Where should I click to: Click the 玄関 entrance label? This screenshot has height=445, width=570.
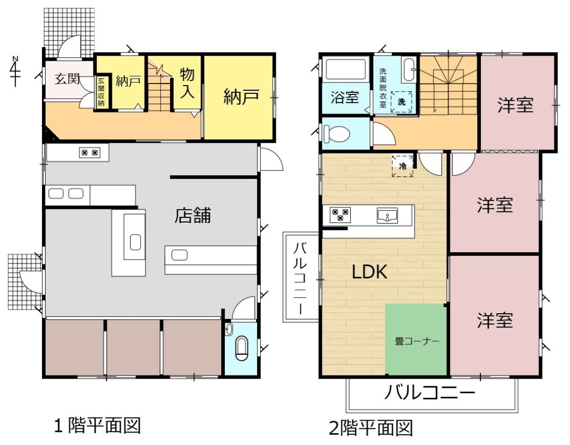click(x=67, y=79)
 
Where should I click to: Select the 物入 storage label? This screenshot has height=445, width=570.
click(x=187, y=83)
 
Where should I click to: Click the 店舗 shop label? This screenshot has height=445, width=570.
click(x=193, y=215)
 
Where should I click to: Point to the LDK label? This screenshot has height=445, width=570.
click(x=369, y=272)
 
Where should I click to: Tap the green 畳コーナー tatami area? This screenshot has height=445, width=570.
click(x=416, y=339)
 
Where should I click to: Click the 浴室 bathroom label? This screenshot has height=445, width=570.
click(x=345, y=98)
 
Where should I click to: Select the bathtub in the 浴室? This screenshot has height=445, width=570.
click(x=345, y=69)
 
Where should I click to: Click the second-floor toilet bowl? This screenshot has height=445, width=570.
click(x=336, y=133)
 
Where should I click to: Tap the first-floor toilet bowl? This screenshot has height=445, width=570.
click(x=241, y=349)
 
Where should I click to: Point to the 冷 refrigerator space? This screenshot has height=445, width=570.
click(x=403, y=166)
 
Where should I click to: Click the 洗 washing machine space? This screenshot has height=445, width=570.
click(x=401, y=102)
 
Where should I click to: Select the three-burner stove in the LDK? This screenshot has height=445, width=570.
click(x=340, y=215)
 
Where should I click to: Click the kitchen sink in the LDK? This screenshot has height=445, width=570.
click(x=387, y=215)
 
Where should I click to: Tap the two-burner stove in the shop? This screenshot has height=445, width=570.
click(x=90, y=152)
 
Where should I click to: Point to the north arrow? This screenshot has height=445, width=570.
click(x=15, y=72)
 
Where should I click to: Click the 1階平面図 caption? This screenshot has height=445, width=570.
click(x=97, y=425)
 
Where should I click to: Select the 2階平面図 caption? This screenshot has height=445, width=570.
click(x=371, y=427)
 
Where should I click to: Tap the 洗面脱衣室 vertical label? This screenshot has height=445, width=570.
click(x=383, y=88)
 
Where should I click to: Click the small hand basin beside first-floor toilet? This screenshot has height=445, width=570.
click(x=229, y=329)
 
